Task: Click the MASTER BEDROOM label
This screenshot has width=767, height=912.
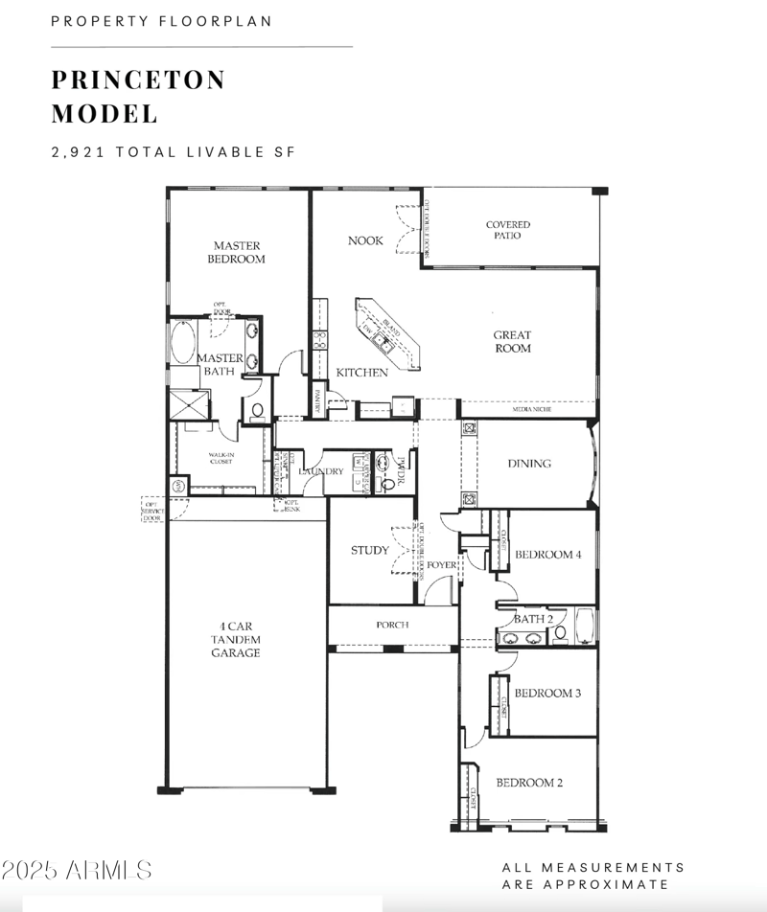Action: point(238,253)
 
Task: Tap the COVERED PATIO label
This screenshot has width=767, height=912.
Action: point(507,230)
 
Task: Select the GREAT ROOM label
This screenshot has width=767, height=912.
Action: point(512,342)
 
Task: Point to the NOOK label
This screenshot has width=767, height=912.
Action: point(365,240)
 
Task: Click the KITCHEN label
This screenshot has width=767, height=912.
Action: point(361,373)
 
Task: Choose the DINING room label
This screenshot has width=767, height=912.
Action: point(529,464)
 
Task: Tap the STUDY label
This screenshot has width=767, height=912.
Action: point(369,551)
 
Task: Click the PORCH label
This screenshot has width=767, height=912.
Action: point(392,625)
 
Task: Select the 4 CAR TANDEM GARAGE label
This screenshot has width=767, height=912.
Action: point(236,639)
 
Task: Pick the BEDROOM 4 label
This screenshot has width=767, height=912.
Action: point(547,555)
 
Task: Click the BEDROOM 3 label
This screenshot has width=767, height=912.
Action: point(547,693)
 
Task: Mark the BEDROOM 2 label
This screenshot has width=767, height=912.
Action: point(529,783)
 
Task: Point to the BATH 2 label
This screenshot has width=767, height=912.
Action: point(533,619)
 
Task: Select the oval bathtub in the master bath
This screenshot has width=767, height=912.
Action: point(183,342)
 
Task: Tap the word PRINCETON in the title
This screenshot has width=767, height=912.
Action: point(138,80)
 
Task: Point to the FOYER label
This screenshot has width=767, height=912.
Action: point(442,565)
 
